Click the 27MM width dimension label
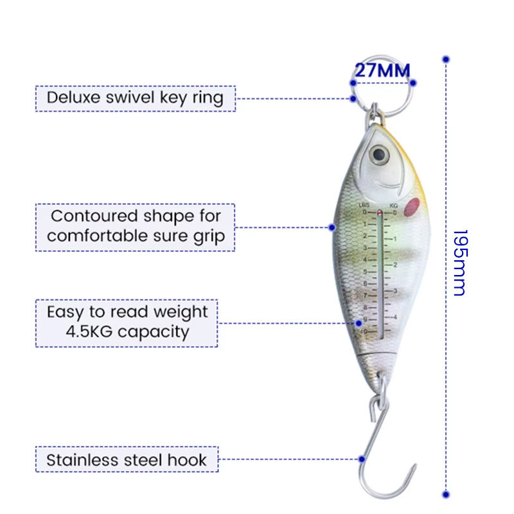click(x=382, y=70)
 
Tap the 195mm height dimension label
click(x=460, y=263)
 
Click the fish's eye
click(x=379, y=154)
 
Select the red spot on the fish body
click(x=412, y=207)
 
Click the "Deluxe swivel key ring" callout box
click(x=136, y=98)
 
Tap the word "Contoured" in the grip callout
click(x=94, y=216)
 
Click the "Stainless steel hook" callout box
click(x=127, y=459)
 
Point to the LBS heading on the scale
click(x=364, y=205)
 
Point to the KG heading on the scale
click(x=393, y=206)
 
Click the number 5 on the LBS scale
click(x=365, y=272)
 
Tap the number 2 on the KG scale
click(x=395, y=265)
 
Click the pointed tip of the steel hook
click(x=415, y=465)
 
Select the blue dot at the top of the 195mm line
click(x=446, y=59)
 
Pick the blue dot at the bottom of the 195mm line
click(x=446, y=494)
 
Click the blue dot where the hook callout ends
click(x=362, y=459)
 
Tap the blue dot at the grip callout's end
click(x=332, y=227)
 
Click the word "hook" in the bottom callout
click(x=187, y=459)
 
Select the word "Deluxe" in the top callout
click(x=73, y=98)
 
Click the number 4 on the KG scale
click(x=395, y=317)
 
